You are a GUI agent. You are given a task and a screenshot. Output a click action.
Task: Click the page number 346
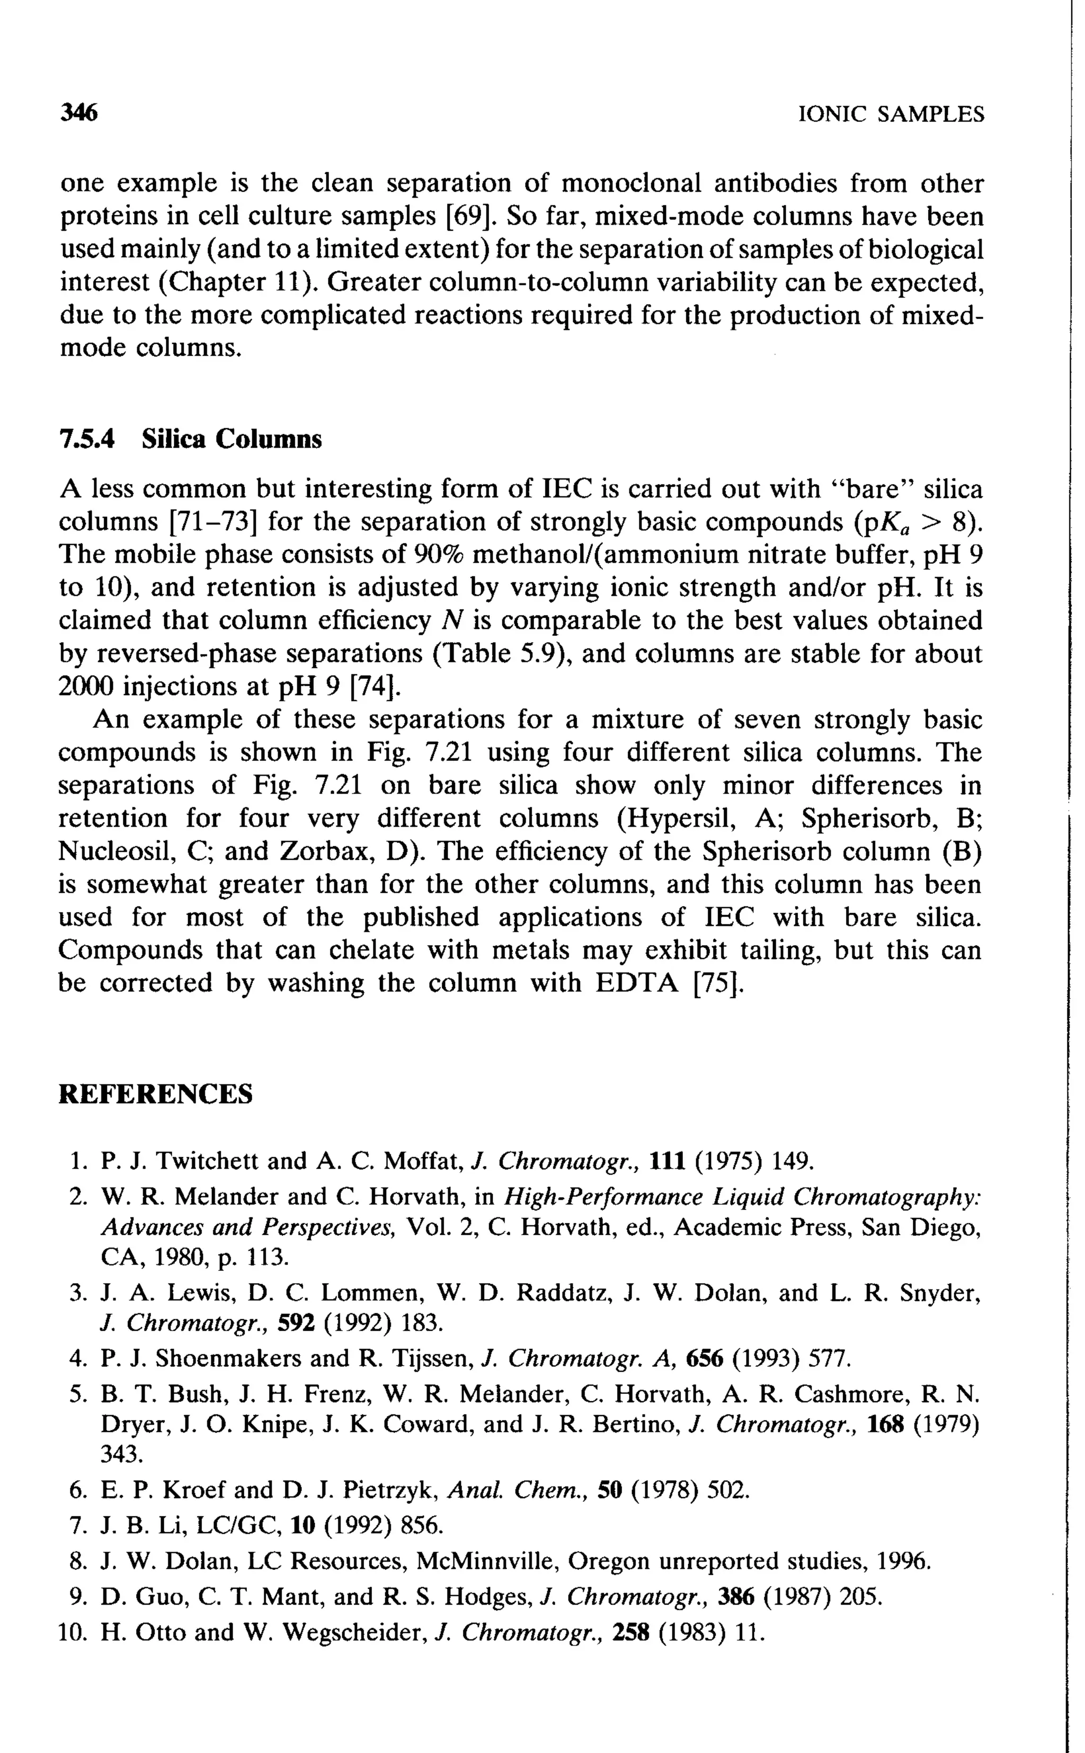78,113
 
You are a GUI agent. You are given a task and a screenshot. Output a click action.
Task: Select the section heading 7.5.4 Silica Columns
190,439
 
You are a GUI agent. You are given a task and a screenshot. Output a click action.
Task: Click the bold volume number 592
296,1322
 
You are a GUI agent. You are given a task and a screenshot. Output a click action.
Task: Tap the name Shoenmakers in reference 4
218,1358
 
